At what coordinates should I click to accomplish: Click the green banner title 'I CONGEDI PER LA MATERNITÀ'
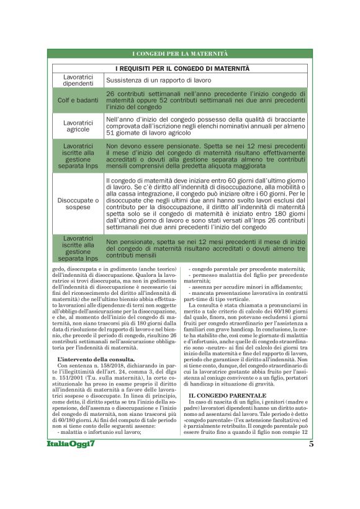coord(180,55)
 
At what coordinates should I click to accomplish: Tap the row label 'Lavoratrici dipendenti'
coord(78,80)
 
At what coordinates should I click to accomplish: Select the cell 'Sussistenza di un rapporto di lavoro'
coord(158,80)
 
